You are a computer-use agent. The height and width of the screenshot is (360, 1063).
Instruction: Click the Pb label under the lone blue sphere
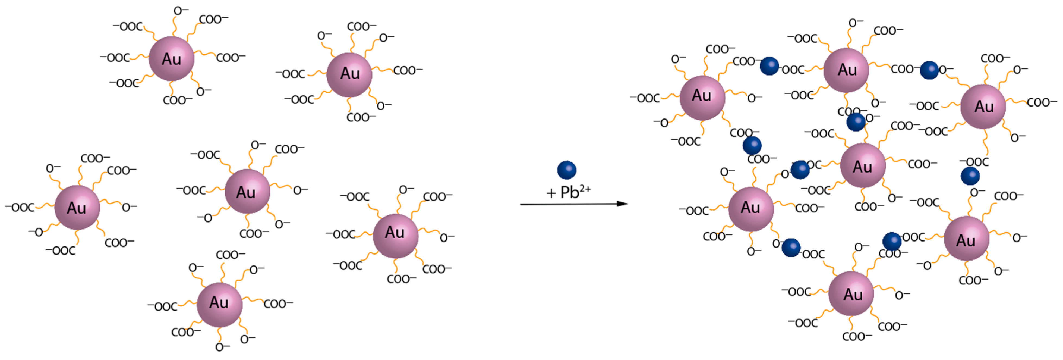coord(569,192)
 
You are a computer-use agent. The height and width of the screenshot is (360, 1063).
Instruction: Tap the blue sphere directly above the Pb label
coord(567,170)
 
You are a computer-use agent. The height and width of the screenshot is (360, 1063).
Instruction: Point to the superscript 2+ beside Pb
coord(585,189)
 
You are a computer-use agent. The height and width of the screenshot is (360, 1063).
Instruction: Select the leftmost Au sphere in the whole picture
coord(77,207)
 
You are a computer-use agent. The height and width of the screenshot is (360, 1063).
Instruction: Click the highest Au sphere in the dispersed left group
coord(172,59)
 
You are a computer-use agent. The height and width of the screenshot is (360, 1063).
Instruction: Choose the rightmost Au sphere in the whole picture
coord(983,107)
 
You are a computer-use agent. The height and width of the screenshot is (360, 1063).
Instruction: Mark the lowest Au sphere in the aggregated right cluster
coord(851,293)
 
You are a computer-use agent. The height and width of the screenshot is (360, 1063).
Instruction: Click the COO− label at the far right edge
coord(1042,102)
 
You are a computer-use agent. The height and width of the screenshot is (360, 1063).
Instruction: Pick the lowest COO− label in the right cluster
coord(857,336)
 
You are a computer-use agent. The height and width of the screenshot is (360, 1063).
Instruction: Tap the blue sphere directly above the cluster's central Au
coord(856,122)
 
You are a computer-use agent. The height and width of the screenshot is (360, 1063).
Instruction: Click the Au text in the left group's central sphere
coord(246,192)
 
